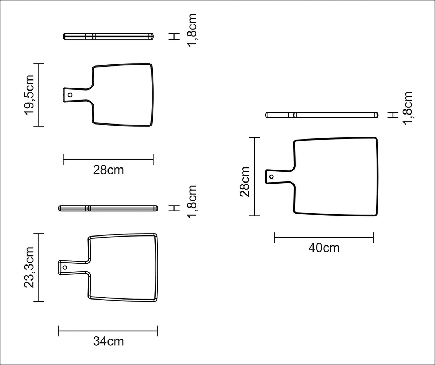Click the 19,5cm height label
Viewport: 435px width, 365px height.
coord(29,95)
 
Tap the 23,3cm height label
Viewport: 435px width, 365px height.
coord(29,267)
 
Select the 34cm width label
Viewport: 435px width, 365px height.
coord(108,341)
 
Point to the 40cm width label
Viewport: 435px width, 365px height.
coord(324,248)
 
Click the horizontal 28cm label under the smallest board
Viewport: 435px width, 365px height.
coord(108,170)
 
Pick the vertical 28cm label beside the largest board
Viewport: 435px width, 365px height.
coord(245,182)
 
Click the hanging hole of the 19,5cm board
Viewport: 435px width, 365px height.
coord(70,95)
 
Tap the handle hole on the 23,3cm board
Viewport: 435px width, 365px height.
coord(65,267)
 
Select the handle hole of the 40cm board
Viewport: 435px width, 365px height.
coord(272,177)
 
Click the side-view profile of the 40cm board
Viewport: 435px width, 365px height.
coord(322,115)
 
